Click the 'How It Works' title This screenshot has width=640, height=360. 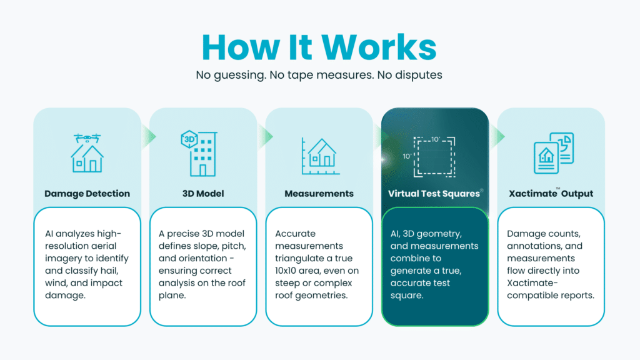pyautogui.click(x=319, y=47)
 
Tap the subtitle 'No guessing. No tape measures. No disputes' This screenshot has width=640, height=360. pyautogui.click(x=319, y=75)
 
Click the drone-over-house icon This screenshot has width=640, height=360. pyautogui.click(x=87, y=153)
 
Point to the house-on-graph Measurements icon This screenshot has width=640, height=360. pyautogui.click(x=319, y=156)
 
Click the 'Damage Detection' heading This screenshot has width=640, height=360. pyautogui.click(x=87, y=194)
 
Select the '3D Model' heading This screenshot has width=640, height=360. pyautogui.click(x=203, y=194)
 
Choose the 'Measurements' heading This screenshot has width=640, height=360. pyautogui.click(x=319, y=194)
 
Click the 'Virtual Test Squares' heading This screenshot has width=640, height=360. pyautogui.click(x=434, y=194)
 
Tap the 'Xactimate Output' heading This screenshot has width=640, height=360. pyautogui.click(x=551, y=194)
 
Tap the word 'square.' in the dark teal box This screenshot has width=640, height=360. pyautogui.click(x=406, y=295)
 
